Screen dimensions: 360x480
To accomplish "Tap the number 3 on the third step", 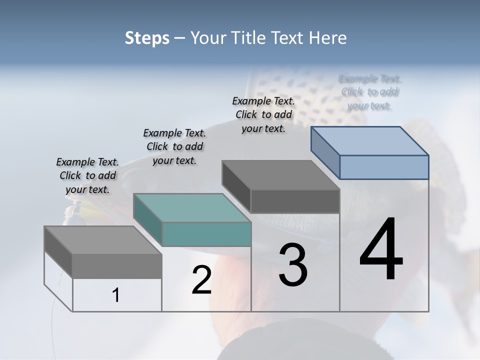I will click(293, 264).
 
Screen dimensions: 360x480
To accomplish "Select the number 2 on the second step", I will click(201, 279).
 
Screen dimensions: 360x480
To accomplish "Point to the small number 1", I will click(116, 295).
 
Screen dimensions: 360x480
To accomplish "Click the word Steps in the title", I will click(147, 38).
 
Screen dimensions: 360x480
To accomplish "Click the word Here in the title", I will click(328, 38).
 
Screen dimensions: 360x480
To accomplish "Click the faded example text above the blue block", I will click(370, 92).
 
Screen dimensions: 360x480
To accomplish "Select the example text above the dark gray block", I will click(263, 114).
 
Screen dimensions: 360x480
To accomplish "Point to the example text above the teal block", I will click(174, 146).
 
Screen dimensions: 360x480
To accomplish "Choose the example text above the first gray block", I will click(87, 175).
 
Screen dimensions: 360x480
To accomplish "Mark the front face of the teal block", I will click(206, 234).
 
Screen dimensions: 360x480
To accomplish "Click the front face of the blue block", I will click(384, 167).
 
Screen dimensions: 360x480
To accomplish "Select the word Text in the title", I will click(289, 38).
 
